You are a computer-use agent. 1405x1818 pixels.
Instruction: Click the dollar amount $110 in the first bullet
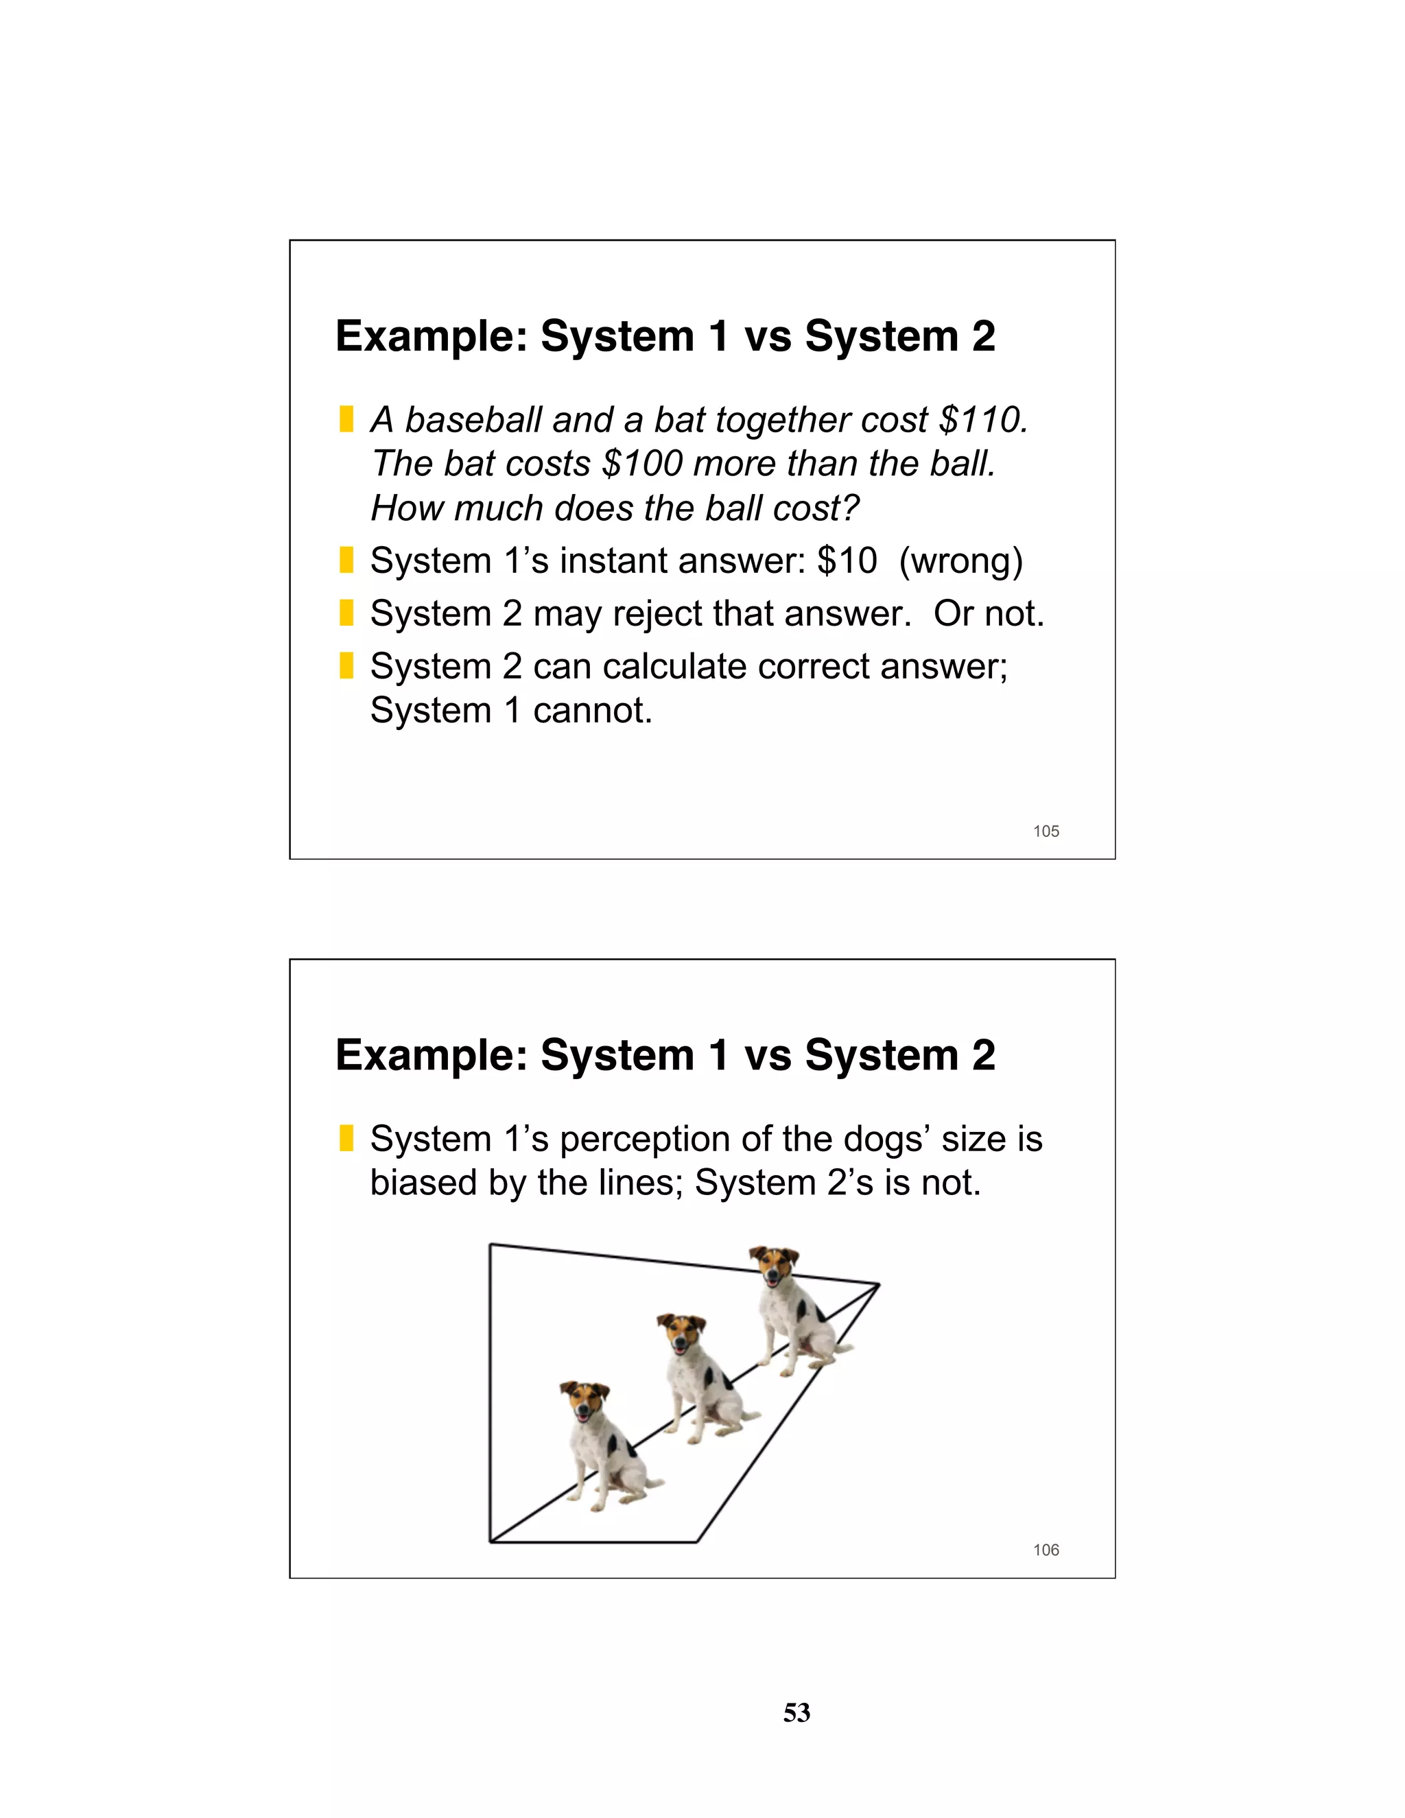point(982,421)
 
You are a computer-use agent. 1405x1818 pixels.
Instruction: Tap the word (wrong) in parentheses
point(960,561)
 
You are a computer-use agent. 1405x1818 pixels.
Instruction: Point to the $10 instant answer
point(847,561)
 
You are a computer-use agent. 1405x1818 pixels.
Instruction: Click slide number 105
point(1046,831)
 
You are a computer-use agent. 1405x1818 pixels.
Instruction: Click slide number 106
point(1046,1550)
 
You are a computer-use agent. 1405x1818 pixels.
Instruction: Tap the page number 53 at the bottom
point(796,1713)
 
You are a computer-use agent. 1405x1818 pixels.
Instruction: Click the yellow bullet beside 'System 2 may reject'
point(346,613)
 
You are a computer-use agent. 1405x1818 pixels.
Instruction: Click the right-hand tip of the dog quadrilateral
point(878,1285)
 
